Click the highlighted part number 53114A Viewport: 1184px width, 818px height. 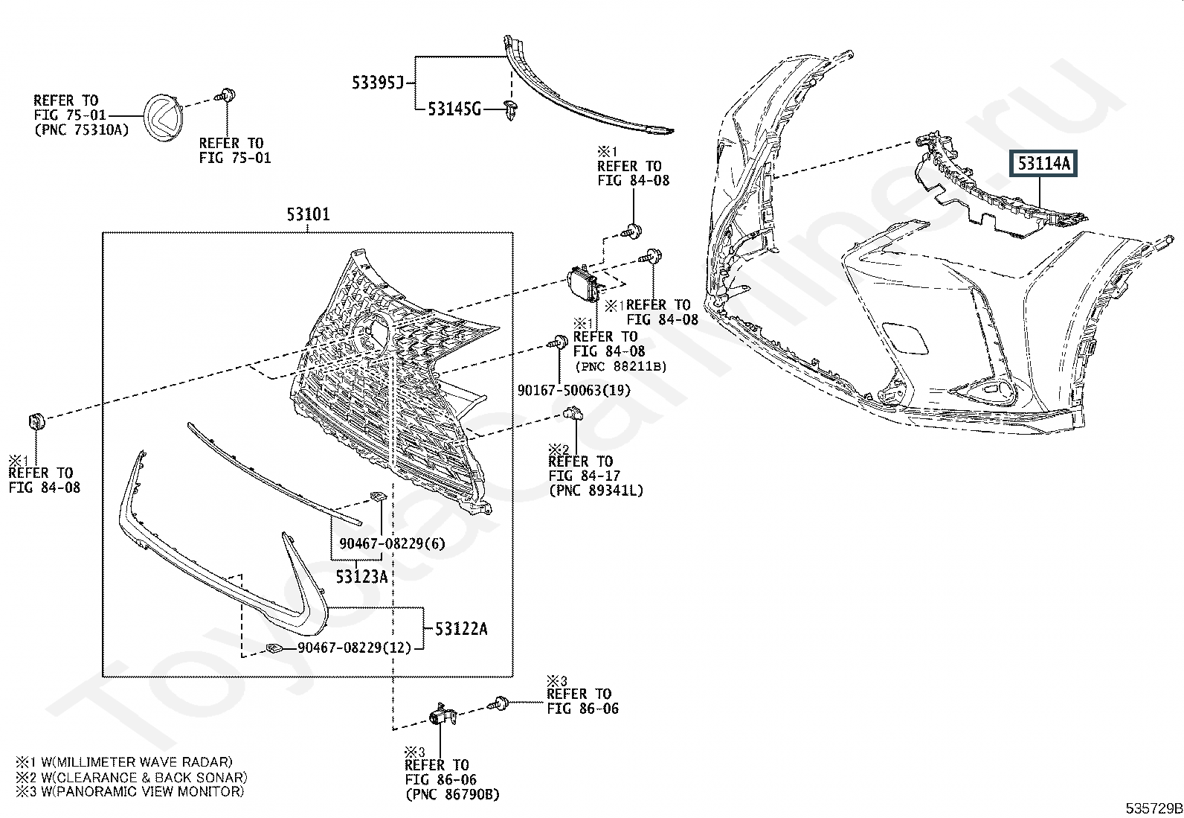point(1043,164)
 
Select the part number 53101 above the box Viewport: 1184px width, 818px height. point(308,214)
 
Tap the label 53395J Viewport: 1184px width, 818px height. point(377,83)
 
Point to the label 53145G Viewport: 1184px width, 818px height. point(454,109)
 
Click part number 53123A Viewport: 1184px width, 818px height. point(361,577)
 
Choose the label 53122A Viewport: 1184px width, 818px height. point(461,629)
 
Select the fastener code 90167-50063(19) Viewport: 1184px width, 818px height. point(574,391)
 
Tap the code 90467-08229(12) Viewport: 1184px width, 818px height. point(354,648)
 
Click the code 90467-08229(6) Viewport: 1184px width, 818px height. point(392,543)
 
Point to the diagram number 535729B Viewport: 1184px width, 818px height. point(1154,808)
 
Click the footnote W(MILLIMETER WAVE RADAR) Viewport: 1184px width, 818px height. point(136,762)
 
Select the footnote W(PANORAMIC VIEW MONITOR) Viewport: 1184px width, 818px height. point(142,791)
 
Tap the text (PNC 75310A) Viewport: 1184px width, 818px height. point(81,130)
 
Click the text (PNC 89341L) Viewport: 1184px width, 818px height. point(596,491)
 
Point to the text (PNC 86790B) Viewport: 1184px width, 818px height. point(452,795)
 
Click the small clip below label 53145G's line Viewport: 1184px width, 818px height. point(511,109)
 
